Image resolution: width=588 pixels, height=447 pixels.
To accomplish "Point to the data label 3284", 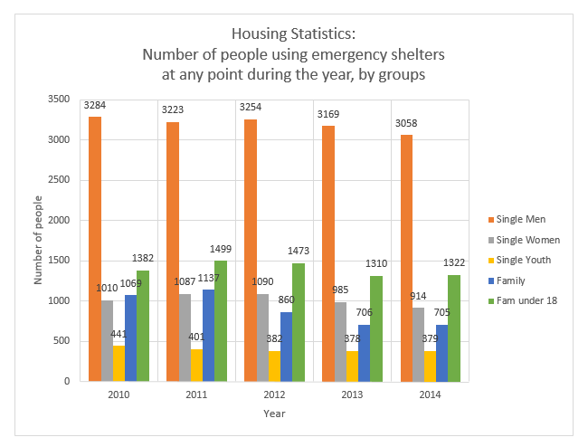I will coord(95,105).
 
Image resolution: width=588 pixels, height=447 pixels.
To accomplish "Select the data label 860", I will coord(287,300).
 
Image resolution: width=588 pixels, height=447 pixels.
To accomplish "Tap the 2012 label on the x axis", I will coord(274,395).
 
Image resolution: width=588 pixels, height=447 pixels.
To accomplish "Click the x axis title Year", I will coord(274,414).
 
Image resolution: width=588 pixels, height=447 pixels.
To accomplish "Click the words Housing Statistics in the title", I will coord(294,34).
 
